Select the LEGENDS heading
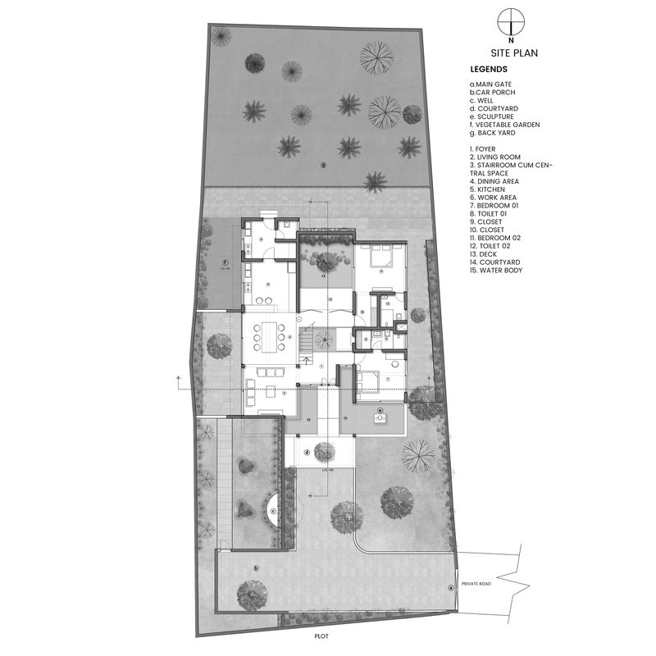(x=489, y=70)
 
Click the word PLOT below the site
(x=319, y=634)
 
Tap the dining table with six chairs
(x=269, y=335)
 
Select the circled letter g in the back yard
(x=324, y=165)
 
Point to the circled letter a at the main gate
(x=450, y=586)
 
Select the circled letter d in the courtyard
(x=306, y=451)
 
